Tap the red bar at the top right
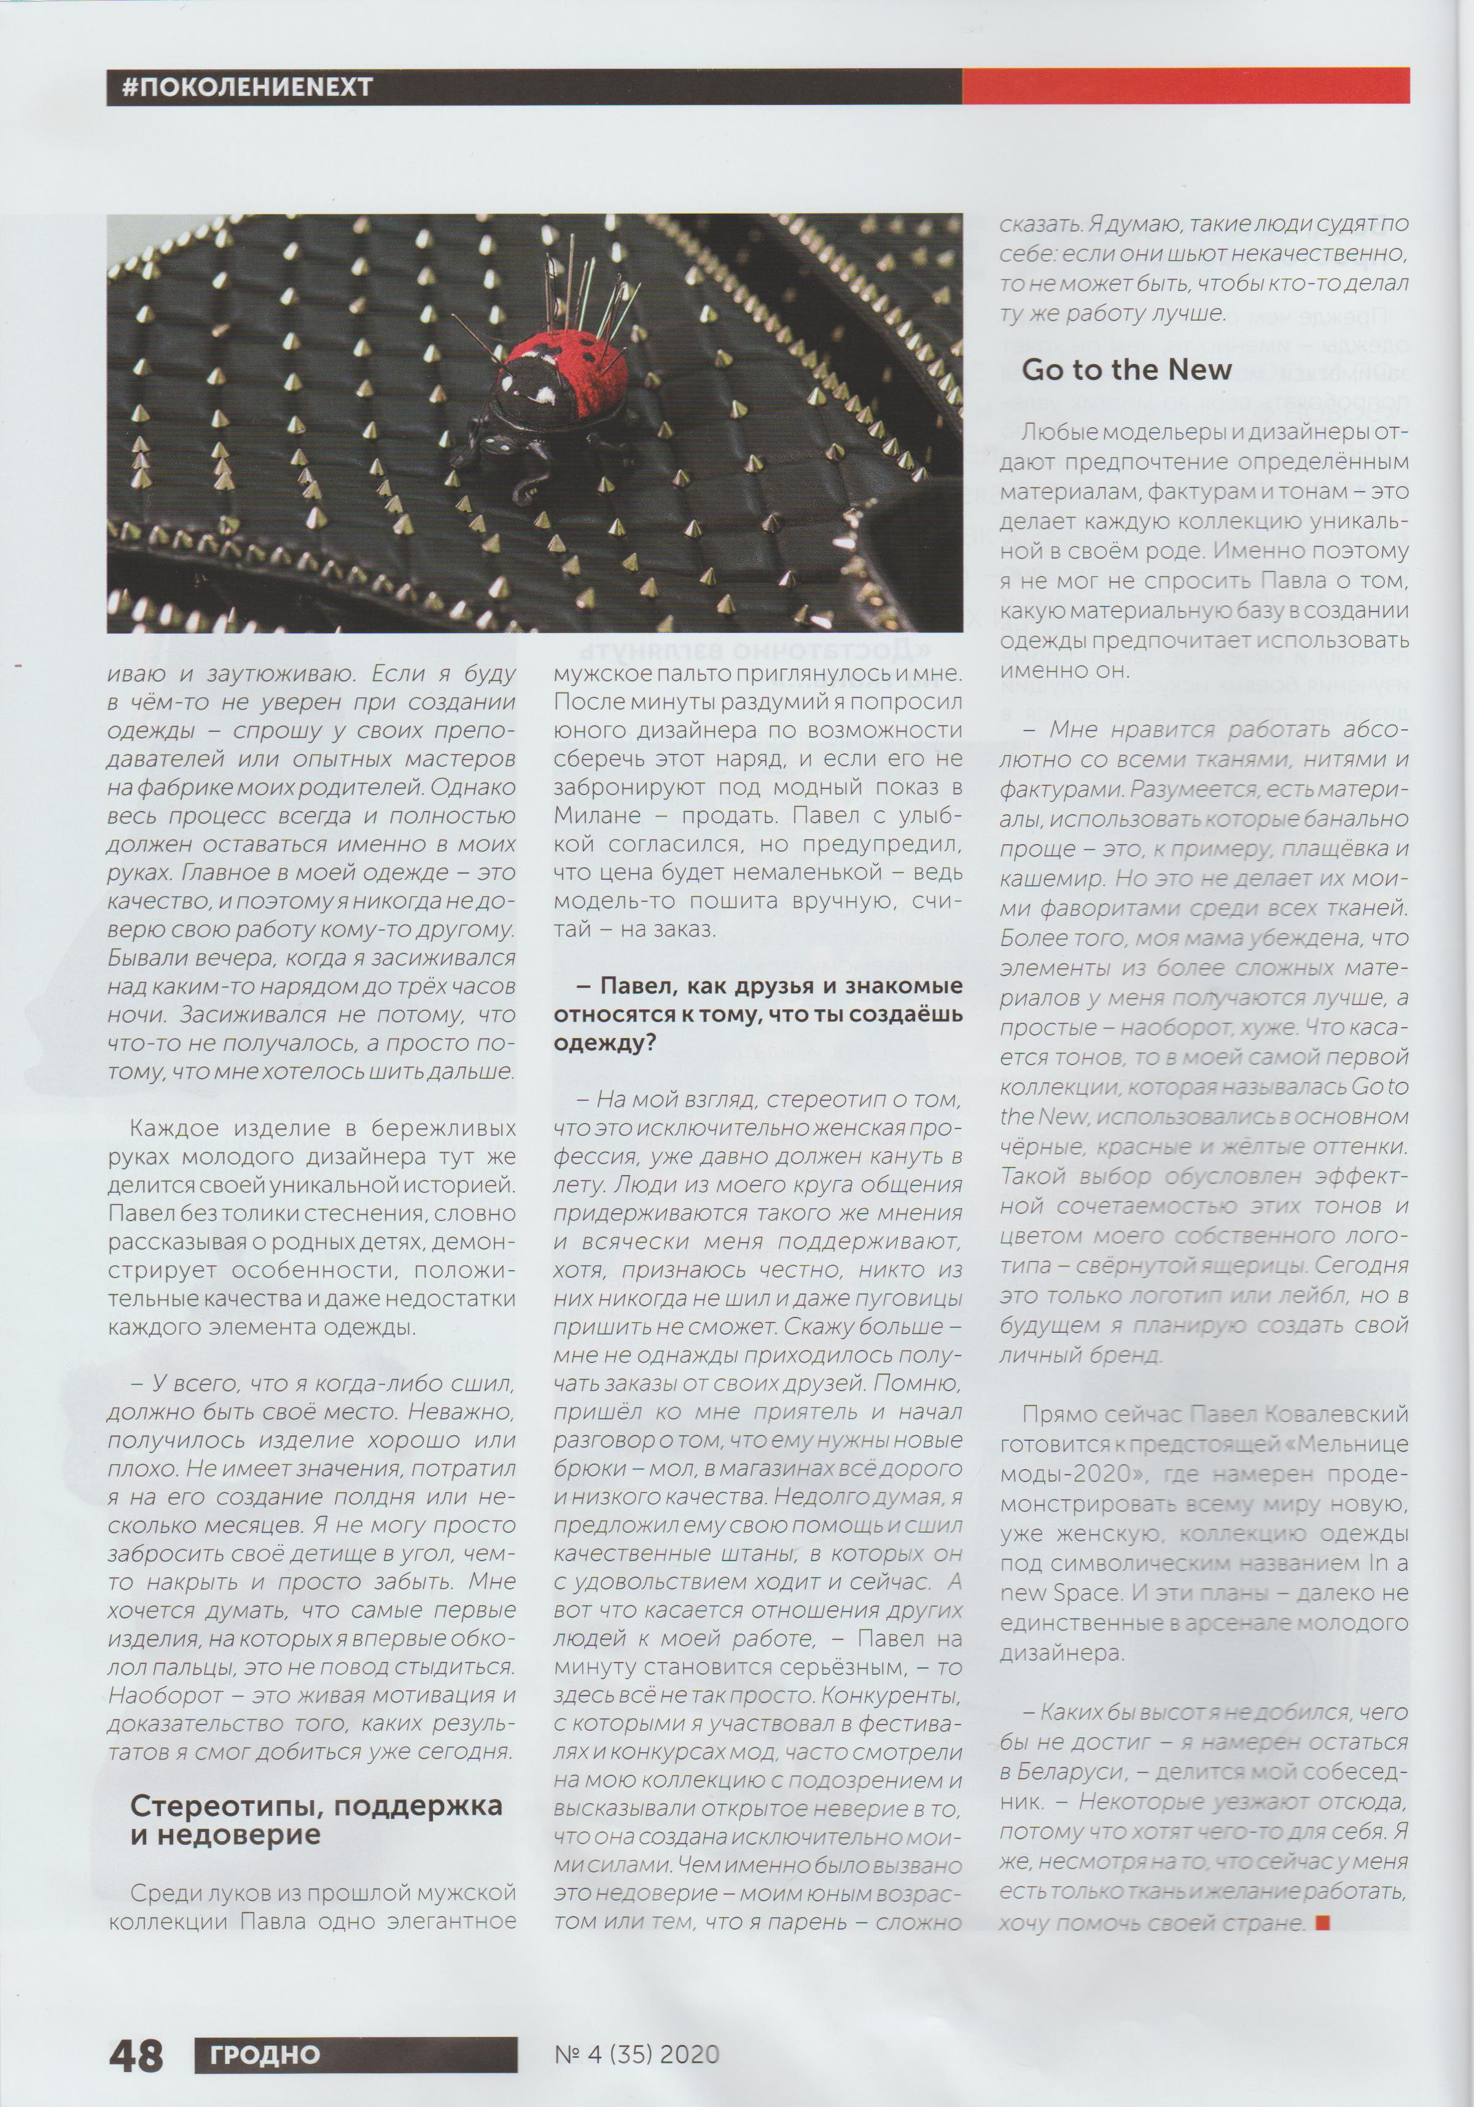click(1185, 87)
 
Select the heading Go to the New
click(1126, 370)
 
